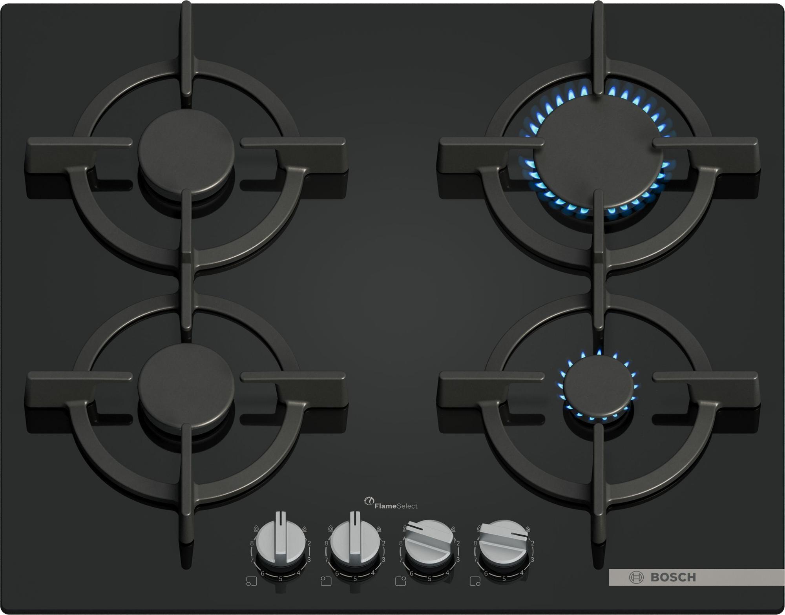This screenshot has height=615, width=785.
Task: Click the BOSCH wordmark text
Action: [673, 577]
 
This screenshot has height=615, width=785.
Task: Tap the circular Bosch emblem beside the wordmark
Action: [636, 577]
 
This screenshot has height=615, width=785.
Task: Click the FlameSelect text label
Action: [396, 506]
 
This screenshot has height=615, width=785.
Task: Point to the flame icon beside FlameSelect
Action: [369, 501]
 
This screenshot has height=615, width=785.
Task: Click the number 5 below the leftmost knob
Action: [280, 579]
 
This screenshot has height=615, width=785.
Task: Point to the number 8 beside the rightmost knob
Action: [475, 544]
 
